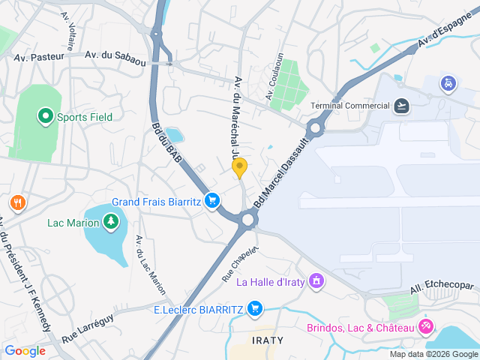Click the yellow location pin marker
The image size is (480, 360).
point(239,168)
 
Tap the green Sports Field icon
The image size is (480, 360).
point(45,116)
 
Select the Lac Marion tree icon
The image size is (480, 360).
point(111,221)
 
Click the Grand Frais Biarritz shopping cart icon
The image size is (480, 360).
point(213,200)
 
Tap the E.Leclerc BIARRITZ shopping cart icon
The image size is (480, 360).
point(256,308)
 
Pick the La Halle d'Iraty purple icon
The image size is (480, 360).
point(316,281)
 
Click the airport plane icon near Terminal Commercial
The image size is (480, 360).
point(401,105)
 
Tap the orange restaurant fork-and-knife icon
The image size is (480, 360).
point(17,202)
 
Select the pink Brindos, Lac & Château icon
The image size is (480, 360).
point(426,327)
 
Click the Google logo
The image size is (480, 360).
point(25,350)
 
